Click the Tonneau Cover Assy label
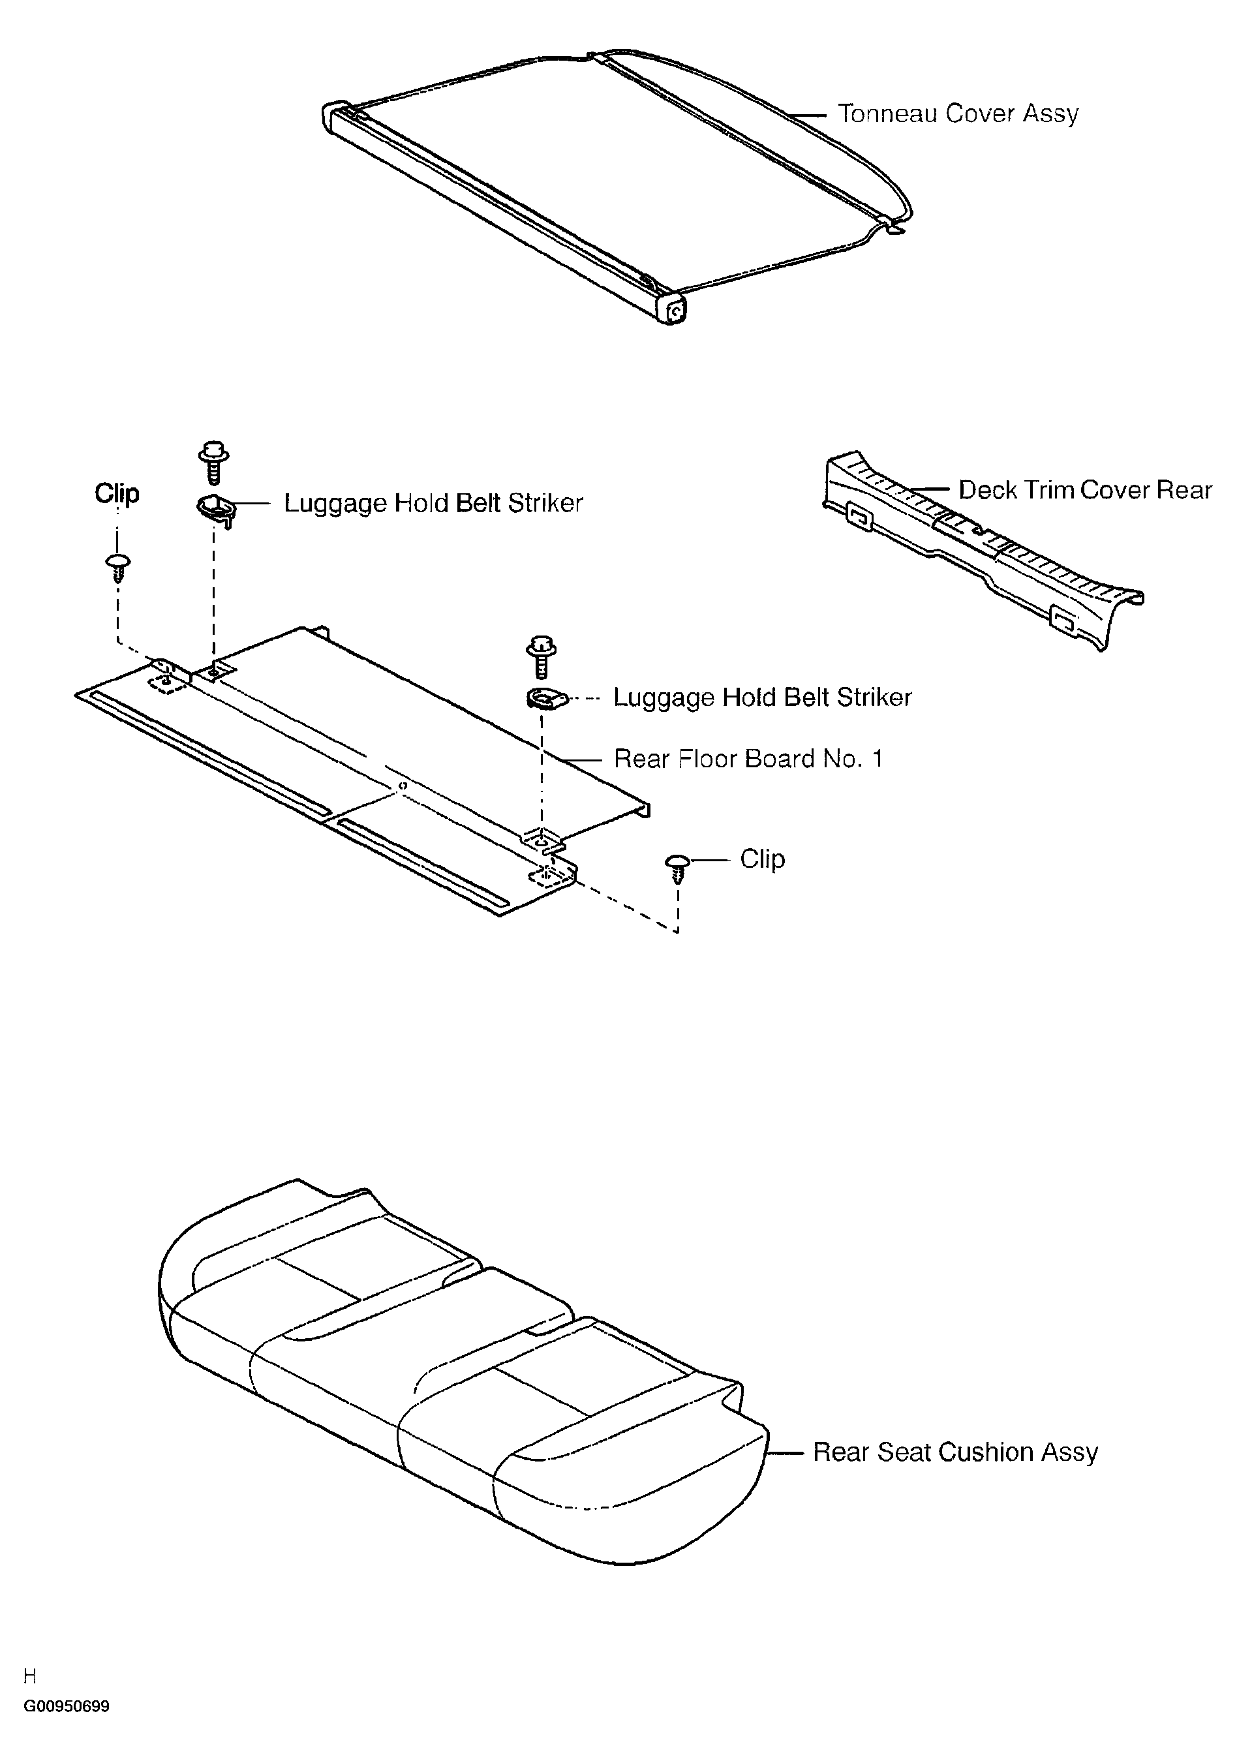[x=958, y=114]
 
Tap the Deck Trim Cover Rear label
[x=1084, y=490]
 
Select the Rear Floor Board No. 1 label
[x=748, y=759]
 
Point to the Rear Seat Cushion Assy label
[x=954, y=1452]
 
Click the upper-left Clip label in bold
[x=117, y=493]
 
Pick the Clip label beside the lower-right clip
[x=761, y=859]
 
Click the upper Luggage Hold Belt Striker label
[x=433, y=503]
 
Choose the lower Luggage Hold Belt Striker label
[x=762, y=697]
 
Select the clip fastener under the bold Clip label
[x=117, y=568]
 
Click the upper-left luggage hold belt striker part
[x=215, y=508]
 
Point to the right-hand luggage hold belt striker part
[x=545, y=699]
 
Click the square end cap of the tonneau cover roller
[x=674, y=311]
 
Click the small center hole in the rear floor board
[x=402, y=786]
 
